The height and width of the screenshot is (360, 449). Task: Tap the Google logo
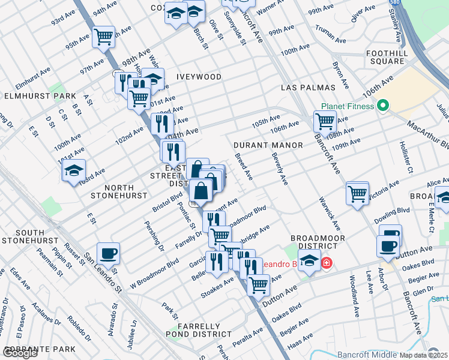point(20,353)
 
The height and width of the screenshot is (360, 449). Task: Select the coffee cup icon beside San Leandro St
point(108,253)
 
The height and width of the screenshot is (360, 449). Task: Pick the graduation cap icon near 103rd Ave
point(74,170)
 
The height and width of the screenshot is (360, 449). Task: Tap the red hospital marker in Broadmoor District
point(326,263)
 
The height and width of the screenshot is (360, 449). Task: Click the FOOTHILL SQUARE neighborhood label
point(394,57)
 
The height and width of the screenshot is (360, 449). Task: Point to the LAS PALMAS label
point(307,88)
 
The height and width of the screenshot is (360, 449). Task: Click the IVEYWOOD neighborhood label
point(199,77)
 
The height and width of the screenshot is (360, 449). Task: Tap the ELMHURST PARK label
point(40,96)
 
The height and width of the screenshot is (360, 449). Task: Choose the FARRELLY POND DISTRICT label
point(204,331)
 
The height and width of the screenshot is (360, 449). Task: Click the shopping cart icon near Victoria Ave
point(357,194)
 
